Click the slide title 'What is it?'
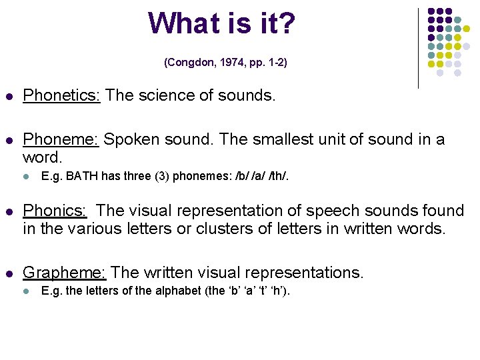click(x=221, y=24)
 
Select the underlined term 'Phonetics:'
click(x=61, y=95)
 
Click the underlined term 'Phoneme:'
click(x=61, y=139)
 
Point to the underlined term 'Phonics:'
click(x=55, y=211)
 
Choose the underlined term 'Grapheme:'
click(x=65, y=272)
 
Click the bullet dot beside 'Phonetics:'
click(x=9, y=97)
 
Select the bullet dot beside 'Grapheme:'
click(x=9, y=273)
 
